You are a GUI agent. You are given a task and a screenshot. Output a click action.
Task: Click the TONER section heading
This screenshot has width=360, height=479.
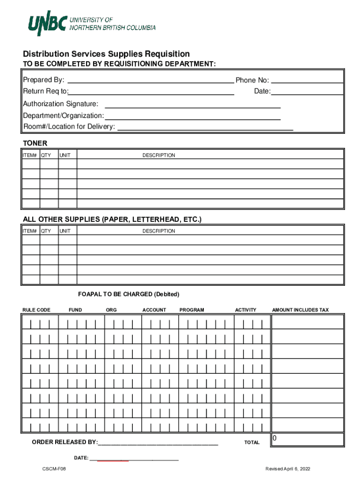click(x=35, y=143)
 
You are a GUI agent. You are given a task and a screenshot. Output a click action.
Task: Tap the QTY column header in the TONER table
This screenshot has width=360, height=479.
click(x=46, y=155)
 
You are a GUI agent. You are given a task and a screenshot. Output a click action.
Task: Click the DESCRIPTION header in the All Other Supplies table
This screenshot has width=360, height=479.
click(x=158, y=231)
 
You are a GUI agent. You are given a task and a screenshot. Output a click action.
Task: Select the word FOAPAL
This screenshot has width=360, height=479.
click(x=89, y=294)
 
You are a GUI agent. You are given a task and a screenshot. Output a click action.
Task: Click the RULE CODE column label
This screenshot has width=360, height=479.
click(x=36, y=310)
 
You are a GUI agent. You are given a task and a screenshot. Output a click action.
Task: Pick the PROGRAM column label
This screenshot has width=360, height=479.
click(x=192, y=310)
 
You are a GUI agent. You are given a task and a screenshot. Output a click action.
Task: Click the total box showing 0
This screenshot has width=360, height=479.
click(x=308, y=439)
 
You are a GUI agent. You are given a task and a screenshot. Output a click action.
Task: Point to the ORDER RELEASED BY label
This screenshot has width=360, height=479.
click(x=65, y=443)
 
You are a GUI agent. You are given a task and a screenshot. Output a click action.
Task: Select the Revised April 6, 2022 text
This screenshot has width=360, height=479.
click(x=287, y=469)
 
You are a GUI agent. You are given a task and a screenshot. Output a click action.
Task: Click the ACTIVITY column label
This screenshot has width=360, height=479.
click(x=245, y=310)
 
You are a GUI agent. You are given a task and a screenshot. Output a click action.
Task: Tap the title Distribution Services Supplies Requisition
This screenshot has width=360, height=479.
click(x=107, y=54)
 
